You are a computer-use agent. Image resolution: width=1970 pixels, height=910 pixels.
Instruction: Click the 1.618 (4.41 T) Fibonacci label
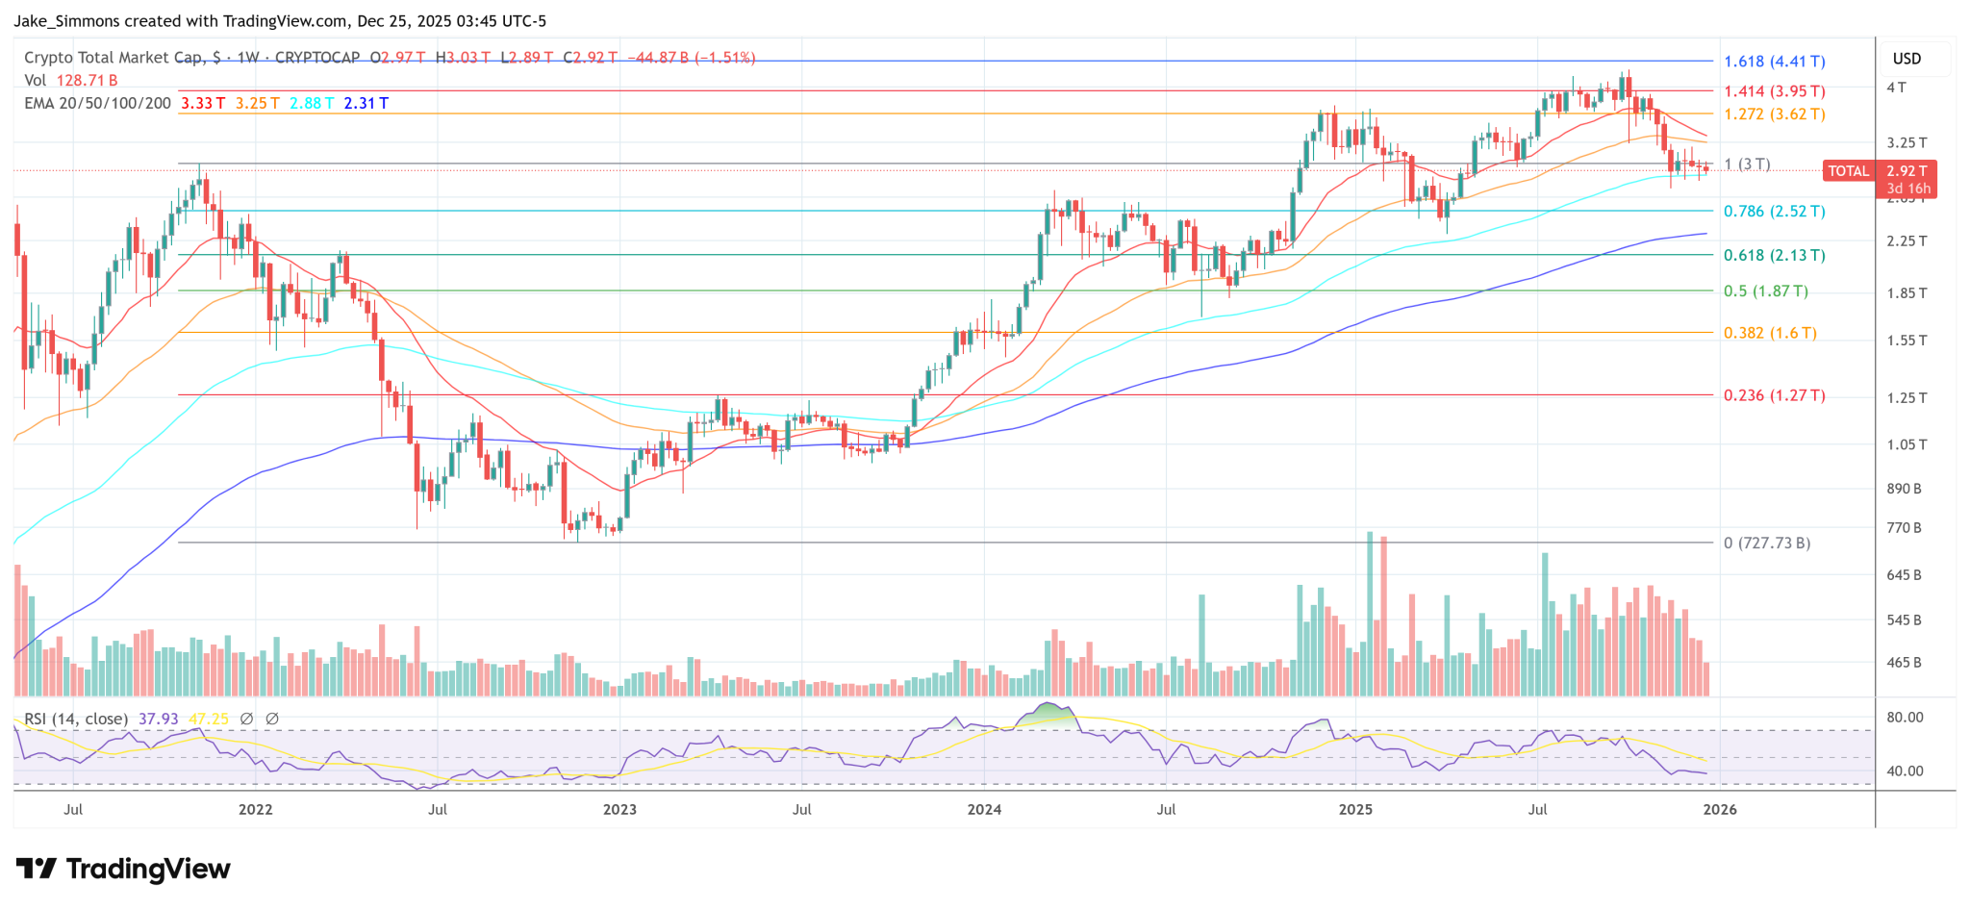click(1774, 62)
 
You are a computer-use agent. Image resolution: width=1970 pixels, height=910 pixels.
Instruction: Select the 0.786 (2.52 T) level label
click(1774, 212)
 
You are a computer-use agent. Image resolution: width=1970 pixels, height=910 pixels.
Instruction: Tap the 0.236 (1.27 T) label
click(1774, 395)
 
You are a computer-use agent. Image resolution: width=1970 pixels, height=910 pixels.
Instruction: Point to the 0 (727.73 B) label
click(1766, 543)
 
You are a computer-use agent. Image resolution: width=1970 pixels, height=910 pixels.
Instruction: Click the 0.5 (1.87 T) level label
click(1765, 291)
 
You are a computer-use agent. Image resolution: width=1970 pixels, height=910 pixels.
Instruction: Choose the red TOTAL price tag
click(1848, 171)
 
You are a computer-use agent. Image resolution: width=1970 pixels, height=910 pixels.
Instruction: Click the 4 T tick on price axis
click(1896, 88)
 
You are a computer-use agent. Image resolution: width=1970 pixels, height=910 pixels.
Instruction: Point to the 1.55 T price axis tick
click(1907, 341)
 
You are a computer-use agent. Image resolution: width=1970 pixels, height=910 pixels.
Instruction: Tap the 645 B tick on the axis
click(1904, 575)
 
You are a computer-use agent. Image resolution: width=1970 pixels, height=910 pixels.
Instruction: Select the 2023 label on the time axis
click(619, 810)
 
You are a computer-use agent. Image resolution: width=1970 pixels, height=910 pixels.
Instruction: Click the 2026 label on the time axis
click(1720, 810)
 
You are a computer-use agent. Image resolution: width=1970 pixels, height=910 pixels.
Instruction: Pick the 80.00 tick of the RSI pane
click(1905, 718)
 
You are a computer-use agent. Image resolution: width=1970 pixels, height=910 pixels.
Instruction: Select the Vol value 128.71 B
click(87, 81)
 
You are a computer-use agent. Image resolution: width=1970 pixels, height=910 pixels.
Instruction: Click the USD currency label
click(1907, 59)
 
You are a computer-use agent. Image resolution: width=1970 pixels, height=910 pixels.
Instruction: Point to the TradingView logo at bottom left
click(123, 870)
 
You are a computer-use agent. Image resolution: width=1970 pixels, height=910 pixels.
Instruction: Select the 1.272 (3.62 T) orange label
click(1774, 114)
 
